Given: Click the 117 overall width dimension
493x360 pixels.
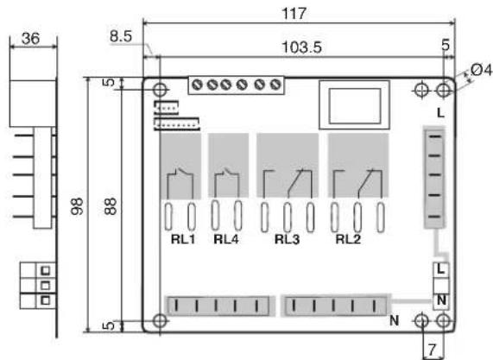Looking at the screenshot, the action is coord(294,14).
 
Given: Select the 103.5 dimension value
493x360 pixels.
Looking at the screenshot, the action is coord(301,47).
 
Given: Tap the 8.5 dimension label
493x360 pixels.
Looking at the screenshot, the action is coord(121,36).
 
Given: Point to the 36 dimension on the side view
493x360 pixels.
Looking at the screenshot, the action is coord(31,39).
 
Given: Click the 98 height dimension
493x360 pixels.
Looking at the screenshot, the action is coord(77,206).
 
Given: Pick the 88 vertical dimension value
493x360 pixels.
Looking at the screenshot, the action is coord(111,206).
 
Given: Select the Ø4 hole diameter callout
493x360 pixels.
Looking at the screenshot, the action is coord(481,70).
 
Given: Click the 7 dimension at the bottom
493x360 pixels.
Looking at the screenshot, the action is coord(433,350).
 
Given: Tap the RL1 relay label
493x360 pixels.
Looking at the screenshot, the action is coord(183,239).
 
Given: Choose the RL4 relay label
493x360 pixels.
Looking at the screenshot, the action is coord(225,239).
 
